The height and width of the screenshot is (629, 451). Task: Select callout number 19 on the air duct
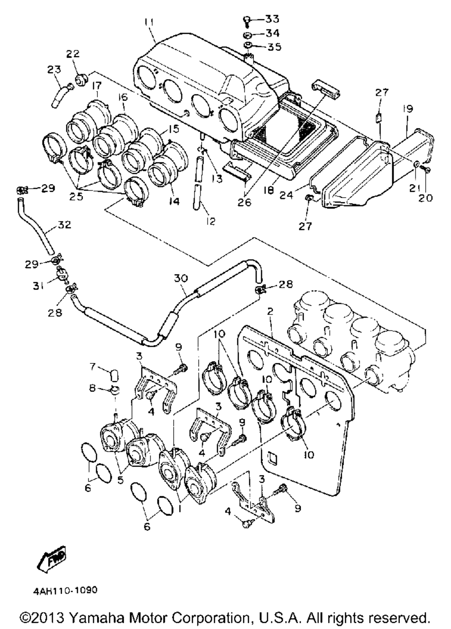click(x=408, y=109)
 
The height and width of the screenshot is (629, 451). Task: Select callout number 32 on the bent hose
click(x=64, y=225)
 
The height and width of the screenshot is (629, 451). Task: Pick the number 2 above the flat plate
click(x=270, y=311)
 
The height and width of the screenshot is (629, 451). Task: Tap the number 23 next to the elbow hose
click(x=54, y=69)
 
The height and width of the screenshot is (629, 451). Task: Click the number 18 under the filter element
click(x=269, y=190)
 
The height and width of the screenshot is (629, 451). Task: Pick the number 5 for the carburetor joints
click(x=120, y=480)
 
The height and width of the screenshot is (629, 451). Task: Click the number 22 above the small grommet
click(x=73, y=54)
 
